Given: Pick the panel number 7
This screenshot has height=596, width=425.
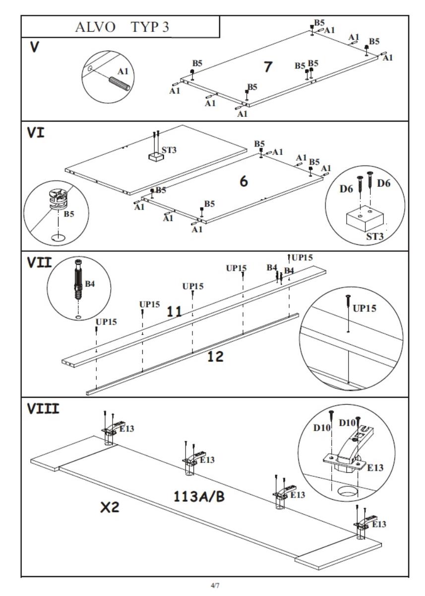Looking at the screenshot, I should coord(268,67).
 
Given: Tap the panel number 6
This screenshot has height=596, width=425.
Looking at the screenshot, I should coord(243,181).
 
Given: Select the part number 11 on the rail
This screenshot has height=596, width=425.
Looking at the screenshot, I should coord(174,312).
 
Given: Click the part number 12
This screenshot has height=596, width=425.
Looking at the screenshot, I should coord(216,356).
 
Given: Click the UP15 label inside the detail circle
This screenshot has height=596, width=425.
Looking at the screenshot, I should coord(364,308).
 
